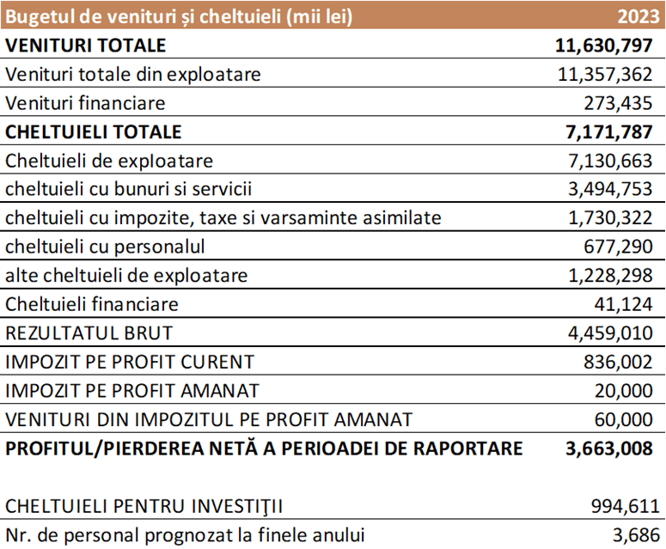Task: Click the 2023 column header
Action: pyautogui.click(x=639, y=16)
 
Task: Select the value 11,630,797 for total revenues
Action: pyautogui.click(x=604, y=46)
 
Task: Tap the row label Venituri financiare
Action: pyautogui.click(x=85, y=103)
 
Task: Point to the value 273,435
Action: pyautogui.click(x=618, y=103)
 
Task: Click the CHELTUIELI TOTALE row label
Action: pyautogui.click(x=94, y=132)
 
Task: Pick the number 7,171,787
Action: pyautogui.click(x=609, y=132)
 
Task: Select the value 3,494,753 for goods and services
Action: pyautogui.click(x=610, y=189)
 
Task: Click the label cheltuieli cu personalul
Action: pyautogui.click(x=105, y=247)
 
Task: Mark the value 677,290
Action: pyautogui.click(x=618, y=247)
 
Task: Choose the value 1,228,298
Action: pyautogui.click(x=610, y=276)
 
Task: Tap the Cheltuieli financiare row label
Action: pyautogui.click(x=92, y=304)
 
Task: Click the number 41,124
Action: pyautogui.click(x=623, y=304)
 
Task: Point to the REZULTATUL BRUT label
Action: pyautogui.click(x=89, y=333)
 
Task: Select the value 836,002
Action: pyautogui.click(x=618, y=363)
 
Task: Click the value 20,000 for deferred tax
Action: pyautogui.click(x=623, y=391)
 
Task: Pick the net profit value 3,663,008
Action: pyautogui.click(x=609, y=448)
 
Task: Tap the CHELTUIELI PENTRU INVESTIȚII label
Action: pyautogui.click(x=144, y=507)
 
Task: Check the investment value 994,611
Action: pyautogui.click(x=626, y=507)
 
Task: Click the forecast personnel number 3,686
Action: pyautogui.click(x=636, y=535)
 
